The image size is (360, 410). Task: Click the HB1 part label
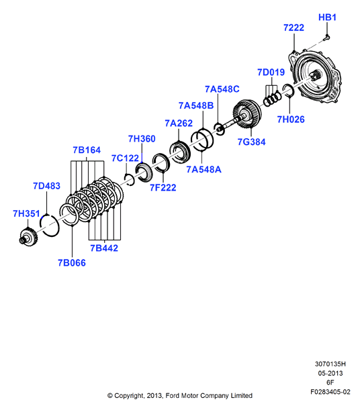tap(327, 17)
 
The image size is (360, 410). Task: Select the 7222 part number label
tap(294, 28)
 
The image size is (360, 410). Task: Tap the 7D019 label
tap(271, 72)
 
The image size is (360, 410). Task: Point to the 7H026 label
tap(291, 119)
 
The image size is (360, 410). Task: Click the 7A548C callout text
tap(222, 89)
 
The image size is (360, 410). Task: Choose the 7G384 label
tap(251, 142)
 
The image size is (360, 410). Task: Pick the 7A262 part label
tap(179, 123)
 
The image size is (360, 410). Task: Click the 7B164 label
tap(87, 150)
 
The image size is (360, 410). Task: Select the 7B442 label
tap(104, 248)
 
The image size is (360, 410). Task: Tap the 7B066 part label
tap(72, 263)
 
